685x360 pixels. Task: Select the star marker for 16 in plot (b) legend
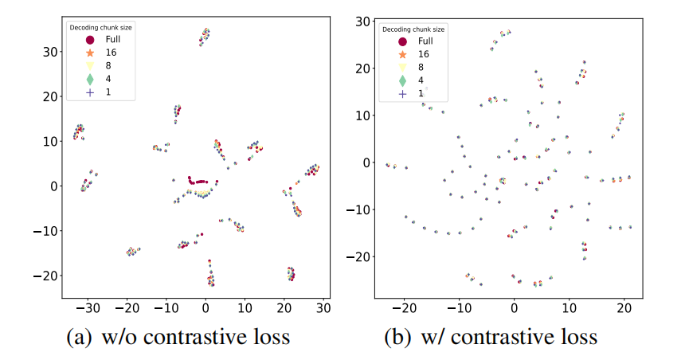click(403, 54)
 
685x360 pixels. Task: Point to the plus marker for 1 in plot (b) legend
click(403, 93)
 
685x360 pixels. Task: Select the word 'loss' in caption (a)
click(269, 338)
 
